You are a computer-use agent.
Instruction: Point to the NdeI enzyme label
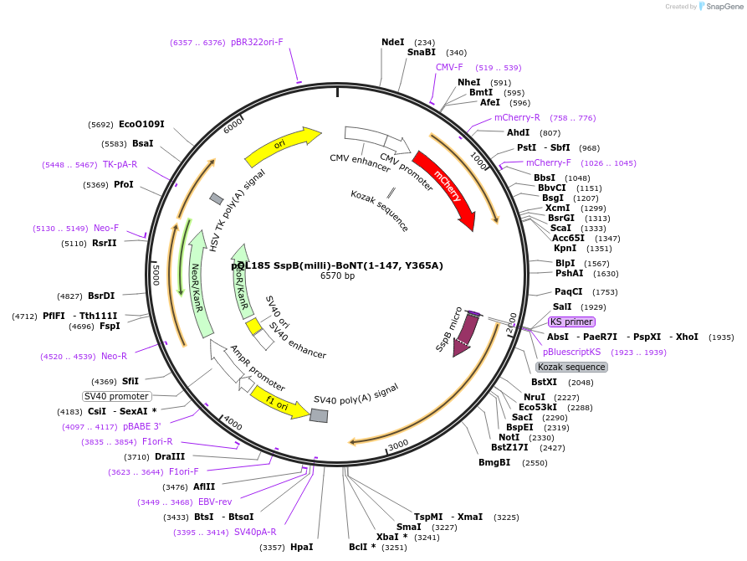[x=392, y=42]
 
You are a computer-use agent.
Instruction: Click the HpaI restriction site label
[x=301, y=547]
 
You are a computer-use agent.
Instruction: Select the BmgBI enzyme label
[x=494, y=462]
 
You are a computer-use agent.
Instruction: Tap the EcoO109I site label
[x=141, y=124]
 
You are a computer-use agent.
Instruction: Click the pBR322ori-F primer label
[x=257, y=42]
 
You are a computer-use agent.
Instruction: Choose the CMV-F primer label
[x=449, y=67]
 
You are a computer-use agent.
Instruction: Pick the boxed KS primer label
[x=571, y=322]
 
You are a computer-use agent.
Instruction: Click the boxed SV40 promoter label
[x=116, y=396]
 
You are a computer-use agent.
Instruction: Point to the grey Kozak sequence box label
[x=571, y=367]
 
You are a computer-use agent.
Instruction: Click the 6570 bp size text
[x=337, y=275]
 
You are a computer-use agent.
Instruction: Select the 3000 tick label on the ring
[x=397, y=444]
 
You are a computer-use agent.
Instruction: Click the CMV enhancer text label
[x=360, y=162]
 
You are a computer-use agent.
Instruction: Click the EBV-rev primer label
[x=215, y=502]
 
